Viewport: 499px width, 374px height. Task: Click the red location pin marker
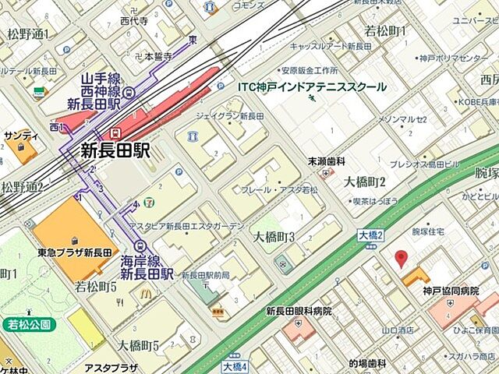pos(402,259)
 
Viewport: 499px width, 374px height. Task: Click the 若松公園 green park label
pos(29,323)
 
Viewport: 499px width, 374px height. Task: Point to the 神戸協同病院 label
pos(450,291)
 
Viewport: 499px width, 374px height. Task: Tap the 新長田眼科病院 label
pos(299,311)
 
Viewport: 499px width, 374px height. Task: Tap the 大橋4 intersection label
pos(234,365)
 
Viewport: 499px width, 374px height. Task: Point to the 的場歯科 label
pos(367,363)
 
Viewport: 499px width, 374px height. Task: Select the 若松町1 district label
pos(386,31)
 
